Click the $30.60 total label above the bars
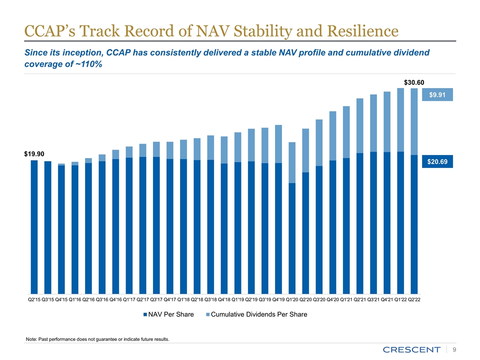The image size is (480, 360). click(414, 81)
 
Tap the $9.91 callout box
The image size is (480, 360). click(437, 94)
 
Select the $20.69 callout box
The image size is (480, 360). click(437, 161)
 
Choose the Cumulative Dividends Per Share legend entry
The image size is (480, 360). click(256, 314)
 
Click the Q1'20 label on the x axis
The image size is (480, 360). click(292, 299)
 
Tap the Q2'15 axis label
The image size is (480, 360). click(34, 299)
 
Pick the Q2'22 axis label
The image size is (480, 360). click(414, 299)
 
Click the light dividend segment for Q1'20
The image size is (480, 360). click(292, 162)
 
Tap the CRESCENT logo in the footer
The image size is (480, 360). click(411, 349)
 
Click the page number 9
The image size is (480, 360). click(454, 349)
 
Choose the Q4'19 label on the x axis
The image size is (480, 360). click(278, 299)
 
